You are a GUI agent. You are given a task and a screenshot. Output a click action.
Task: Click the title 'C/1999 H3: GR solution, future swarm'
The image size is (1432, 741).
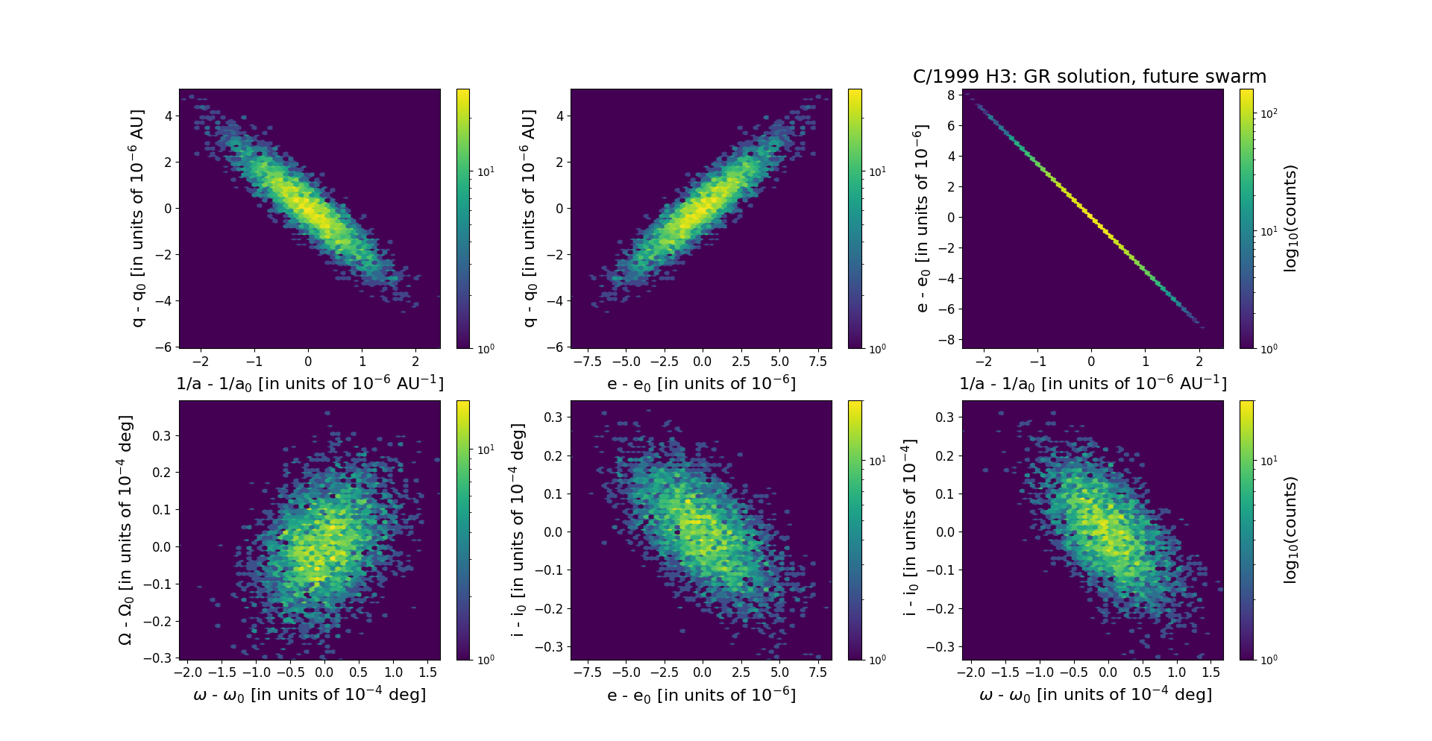point(1089,77)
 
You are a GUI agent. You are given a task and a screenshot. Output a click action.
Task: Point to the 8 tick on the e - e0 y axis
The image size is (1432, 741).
point(951,95)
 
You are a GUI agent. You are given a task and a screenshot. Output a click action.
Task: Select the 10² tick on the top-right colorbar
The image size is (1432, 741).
point(1269,113)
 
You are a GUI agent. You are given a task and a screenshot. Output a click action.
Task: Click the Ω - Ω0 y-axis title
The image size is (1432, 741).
point(125,530)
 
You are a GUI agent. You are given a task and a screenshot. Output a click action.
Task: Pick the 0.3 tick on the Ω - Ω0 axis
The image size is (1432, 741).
point(161,435)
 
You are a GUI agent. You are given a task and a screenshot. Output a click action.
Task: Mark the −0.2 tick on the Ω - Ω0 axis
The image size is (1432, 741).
point(157,621)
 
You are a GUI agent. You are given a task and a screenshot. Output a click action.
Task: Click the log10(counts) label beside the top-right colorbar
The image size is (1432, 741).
point(1291,218)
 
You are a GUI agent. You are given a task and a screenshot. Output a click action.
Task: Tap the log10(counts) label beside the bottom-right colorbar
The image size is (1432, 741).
point(1291,530)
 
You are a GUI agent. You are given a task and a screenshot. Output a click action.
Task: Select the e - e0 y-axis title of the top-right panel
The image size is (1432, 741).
point(922,218)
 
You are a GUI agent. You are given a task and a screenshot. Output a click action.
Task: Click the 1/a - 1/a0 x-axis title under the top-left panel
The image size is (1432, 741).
point(310,383)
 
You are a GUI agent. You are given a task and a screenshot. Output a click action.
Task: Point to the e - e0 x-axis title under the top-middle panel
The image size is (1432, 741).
point(701,383)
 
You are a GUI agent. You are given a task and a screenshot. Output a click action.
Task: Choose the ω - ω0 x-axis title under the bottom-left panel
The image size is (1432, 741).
point(310,695)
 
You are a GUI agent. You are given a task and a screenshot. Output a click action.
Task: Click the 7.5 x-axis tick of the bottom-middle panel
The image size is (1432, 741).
point(818,672)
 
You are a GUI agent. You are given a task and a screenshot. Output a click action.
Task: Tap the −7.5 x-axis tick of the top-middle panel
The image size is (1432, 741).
point(586,362)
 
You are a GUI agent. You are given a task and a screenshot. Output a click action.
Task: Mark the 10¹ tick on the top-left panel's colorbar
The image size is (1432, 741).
point(486,172)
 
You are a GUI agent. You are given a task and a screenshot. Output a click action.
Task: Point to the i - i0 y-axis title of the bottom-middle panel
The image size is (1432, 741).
point(518,530)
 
